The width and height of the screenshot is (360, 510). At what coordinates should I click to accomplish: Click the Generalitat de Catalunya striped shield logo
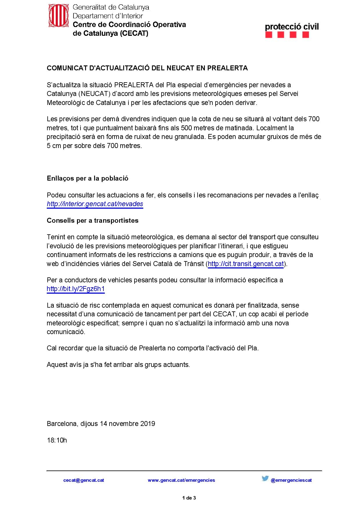[x=58, y=16]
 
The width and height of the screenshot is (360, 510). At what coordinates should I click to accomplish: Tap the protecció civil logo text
[x=292, y=27]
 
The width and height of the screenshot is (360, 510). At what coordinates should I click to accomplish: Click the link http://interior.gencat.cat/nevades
[x=95, y=204]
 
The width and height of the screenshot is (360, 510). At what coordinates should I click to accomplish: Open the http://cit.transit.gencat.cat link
[x=246, y=264]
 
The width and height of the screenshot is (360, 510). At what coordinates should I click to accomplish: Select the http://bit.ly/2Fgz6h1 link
[x=76, y=289]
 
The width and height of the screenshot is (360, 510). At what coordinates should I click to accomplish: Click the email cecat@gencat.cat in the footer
[x=84, y=480]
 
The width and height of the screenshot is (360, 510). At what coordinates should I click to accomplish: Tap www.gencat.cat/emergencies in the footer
[x=181, y=480]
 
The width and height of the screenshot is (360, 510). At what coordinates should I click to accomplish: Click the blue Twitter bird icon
[x=265, y=478]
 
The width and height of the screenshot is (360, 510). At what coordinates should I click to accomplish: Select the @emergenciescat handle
[x=291, y=480]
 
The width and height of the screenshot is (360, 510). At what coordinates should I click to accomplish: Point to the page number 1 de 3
[x=189, y=498]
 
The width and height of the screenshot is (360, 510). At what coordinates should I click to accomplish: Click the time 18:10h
[x=57, y=440]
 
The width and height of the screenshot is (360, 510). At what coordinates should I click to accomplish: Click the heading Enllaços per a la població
[x=87, y=178]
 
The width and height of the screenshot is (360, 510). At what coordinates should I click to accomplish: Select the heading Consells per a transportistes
[x=92, y=220]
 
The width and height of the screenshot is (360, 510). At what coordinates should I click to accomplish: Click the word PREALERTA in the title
[x=227, y=68]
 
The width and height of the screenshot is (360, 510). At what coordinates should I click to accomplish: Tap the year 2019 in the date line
[x=148, y=424]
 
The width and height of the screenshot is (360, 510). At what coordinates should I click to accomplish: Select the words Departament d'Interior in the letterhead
[x=108, y=16]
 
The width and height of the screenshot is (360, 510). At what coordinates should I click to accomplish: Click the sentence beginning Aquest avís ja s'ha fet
[x=118, y=365]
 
